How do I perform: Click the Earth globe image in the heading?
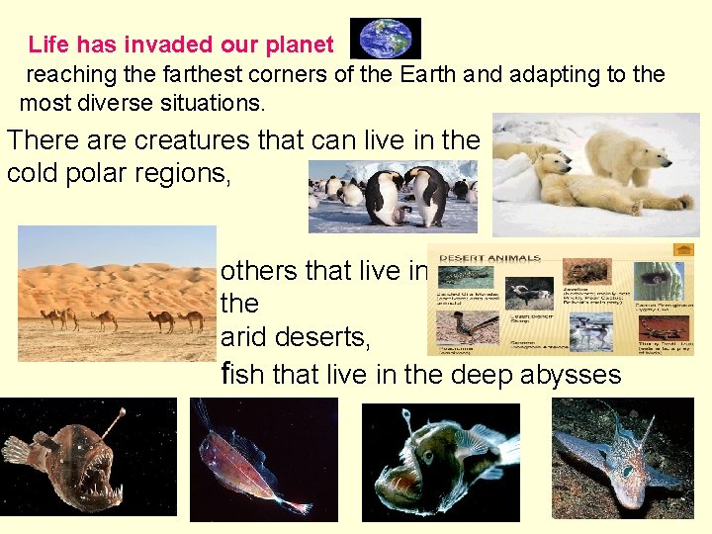click(386, 39)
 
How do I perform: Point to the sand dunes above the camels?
click(117, 282)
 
